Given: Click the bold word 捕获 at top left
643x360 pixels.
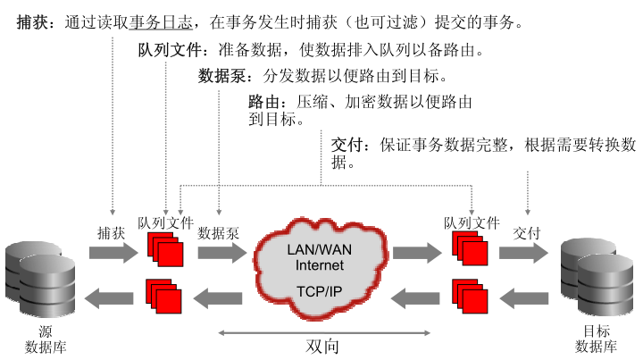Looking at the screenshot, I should click(x=34, y=21).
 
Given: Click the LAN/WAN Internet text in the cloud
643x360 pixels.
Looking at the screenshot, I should click(x=319, y=257).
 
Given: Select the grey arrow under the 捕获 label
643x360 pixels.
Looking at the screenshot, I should click(x=110, y=253).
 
